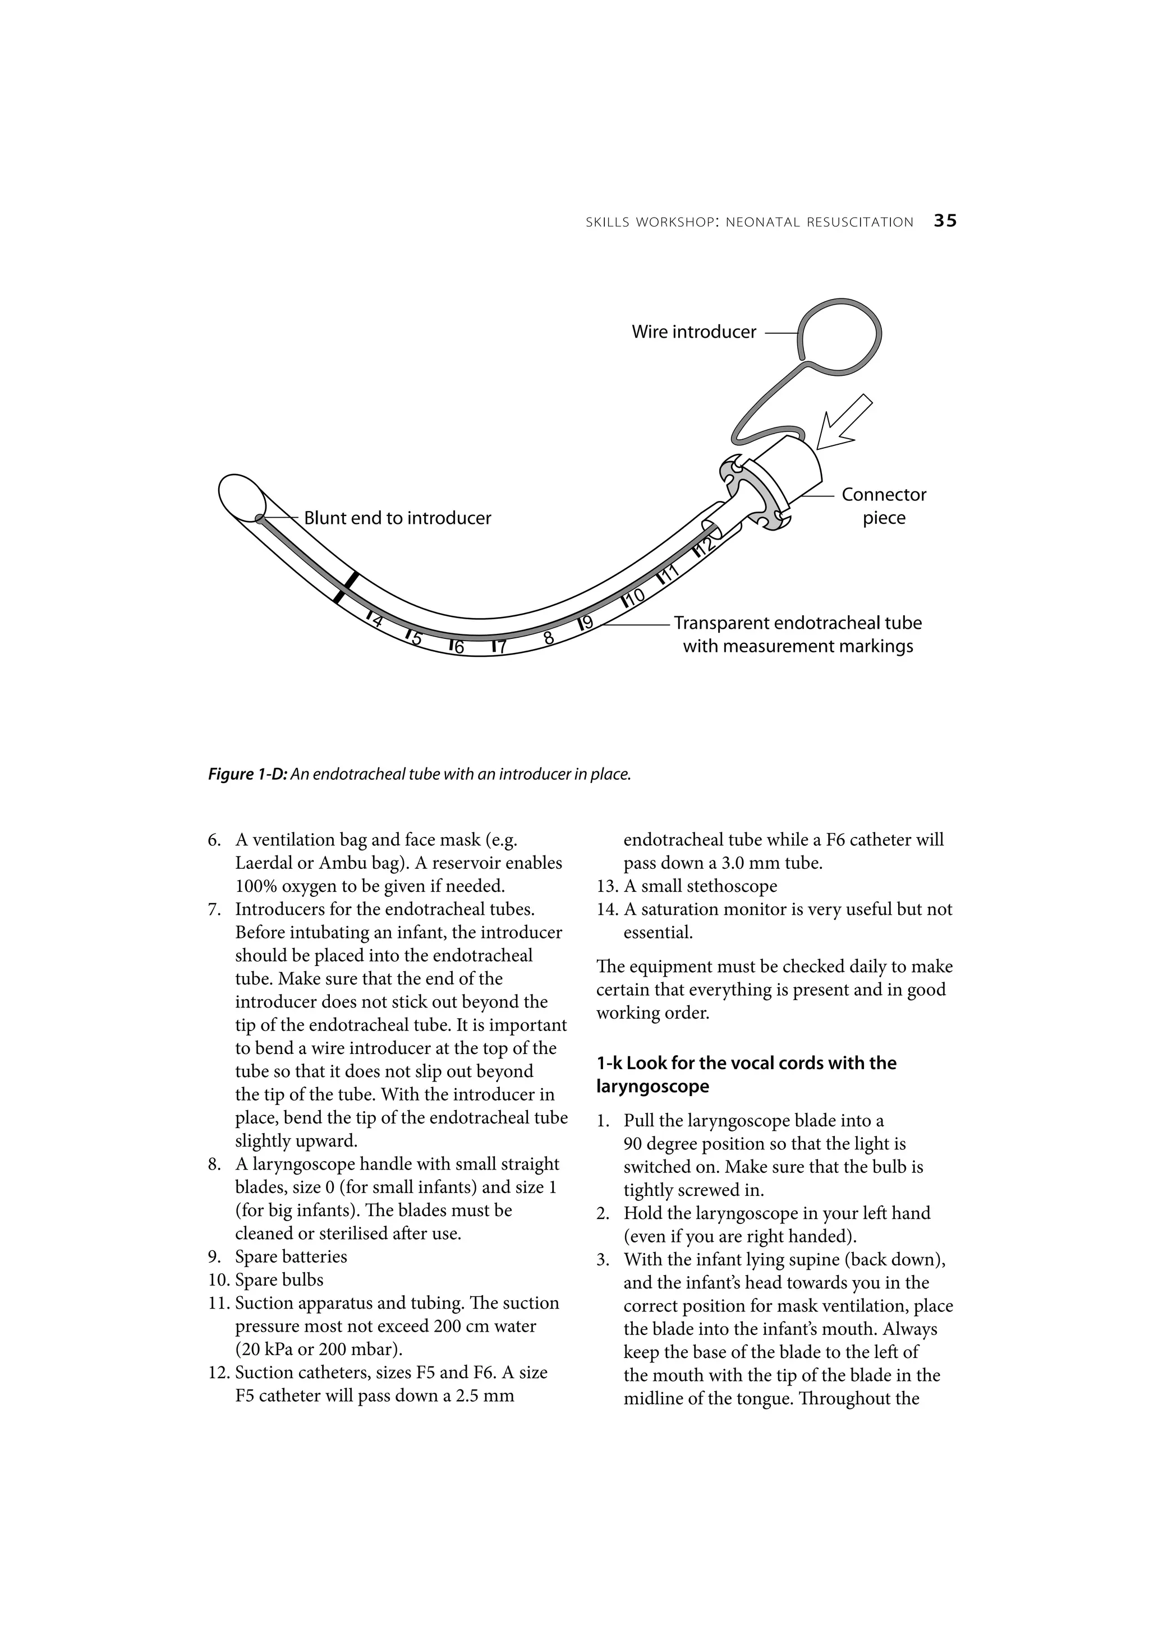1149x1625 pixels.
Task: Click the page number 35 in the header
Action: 945,221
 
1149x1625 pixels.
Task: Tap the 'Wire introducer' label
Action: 694,332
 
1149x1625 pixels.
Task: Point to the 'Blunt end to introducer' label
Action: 397,518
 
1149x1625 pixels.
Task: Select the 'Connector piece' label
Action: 884,506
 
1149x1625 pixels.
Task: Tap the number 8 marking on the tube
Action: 548,638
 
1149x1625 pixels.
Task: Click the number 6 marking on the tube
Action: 458,647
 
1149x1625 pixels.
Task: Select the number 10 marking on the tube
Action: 635,597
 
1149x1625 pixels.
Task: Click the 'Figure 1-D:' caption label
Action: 248,774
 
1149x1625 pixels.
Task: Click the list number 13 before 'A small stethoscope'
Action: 606,886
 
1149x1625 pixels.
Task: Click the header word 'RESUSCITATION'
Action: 859,222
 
